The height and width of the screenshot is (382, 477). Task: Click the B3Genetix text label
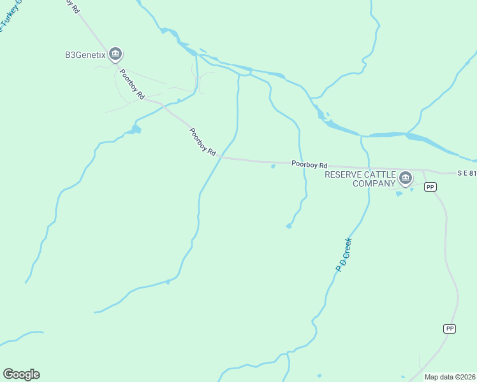pos(85,55)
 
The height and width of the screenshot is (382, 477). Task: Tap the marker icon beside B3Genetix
pos(115,54)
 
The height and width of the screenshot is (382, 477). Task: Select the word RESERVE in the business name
pos(344,174)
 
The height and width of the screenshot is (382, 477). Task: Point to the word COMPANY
pos(374,183)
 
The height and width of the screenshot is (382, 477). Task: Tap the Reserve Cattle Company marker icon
pos(406,178)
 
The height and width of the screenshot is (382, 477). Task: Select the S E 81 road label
pos(466,173)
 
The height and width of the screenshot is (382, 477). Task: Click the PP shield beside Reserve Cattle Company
pos(431,187)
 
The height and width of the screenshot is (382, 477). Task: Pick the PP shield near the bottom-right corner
pos(450,329)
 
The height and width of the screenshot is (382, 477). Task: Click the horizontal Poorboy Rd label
pos(309,164)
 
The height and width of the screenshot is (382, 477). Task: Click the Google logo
pos(21,374)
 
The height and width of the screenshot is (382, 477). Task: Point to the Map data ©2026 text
pos(450,377)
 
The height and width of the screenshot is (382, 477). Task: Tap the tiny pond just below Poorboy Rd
pos(273,167)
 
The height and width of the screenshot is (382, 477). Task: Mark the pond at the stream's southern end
pos(289,225)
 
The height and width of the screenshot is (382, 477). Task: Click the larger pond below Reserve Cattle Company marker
pos(399,194)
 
